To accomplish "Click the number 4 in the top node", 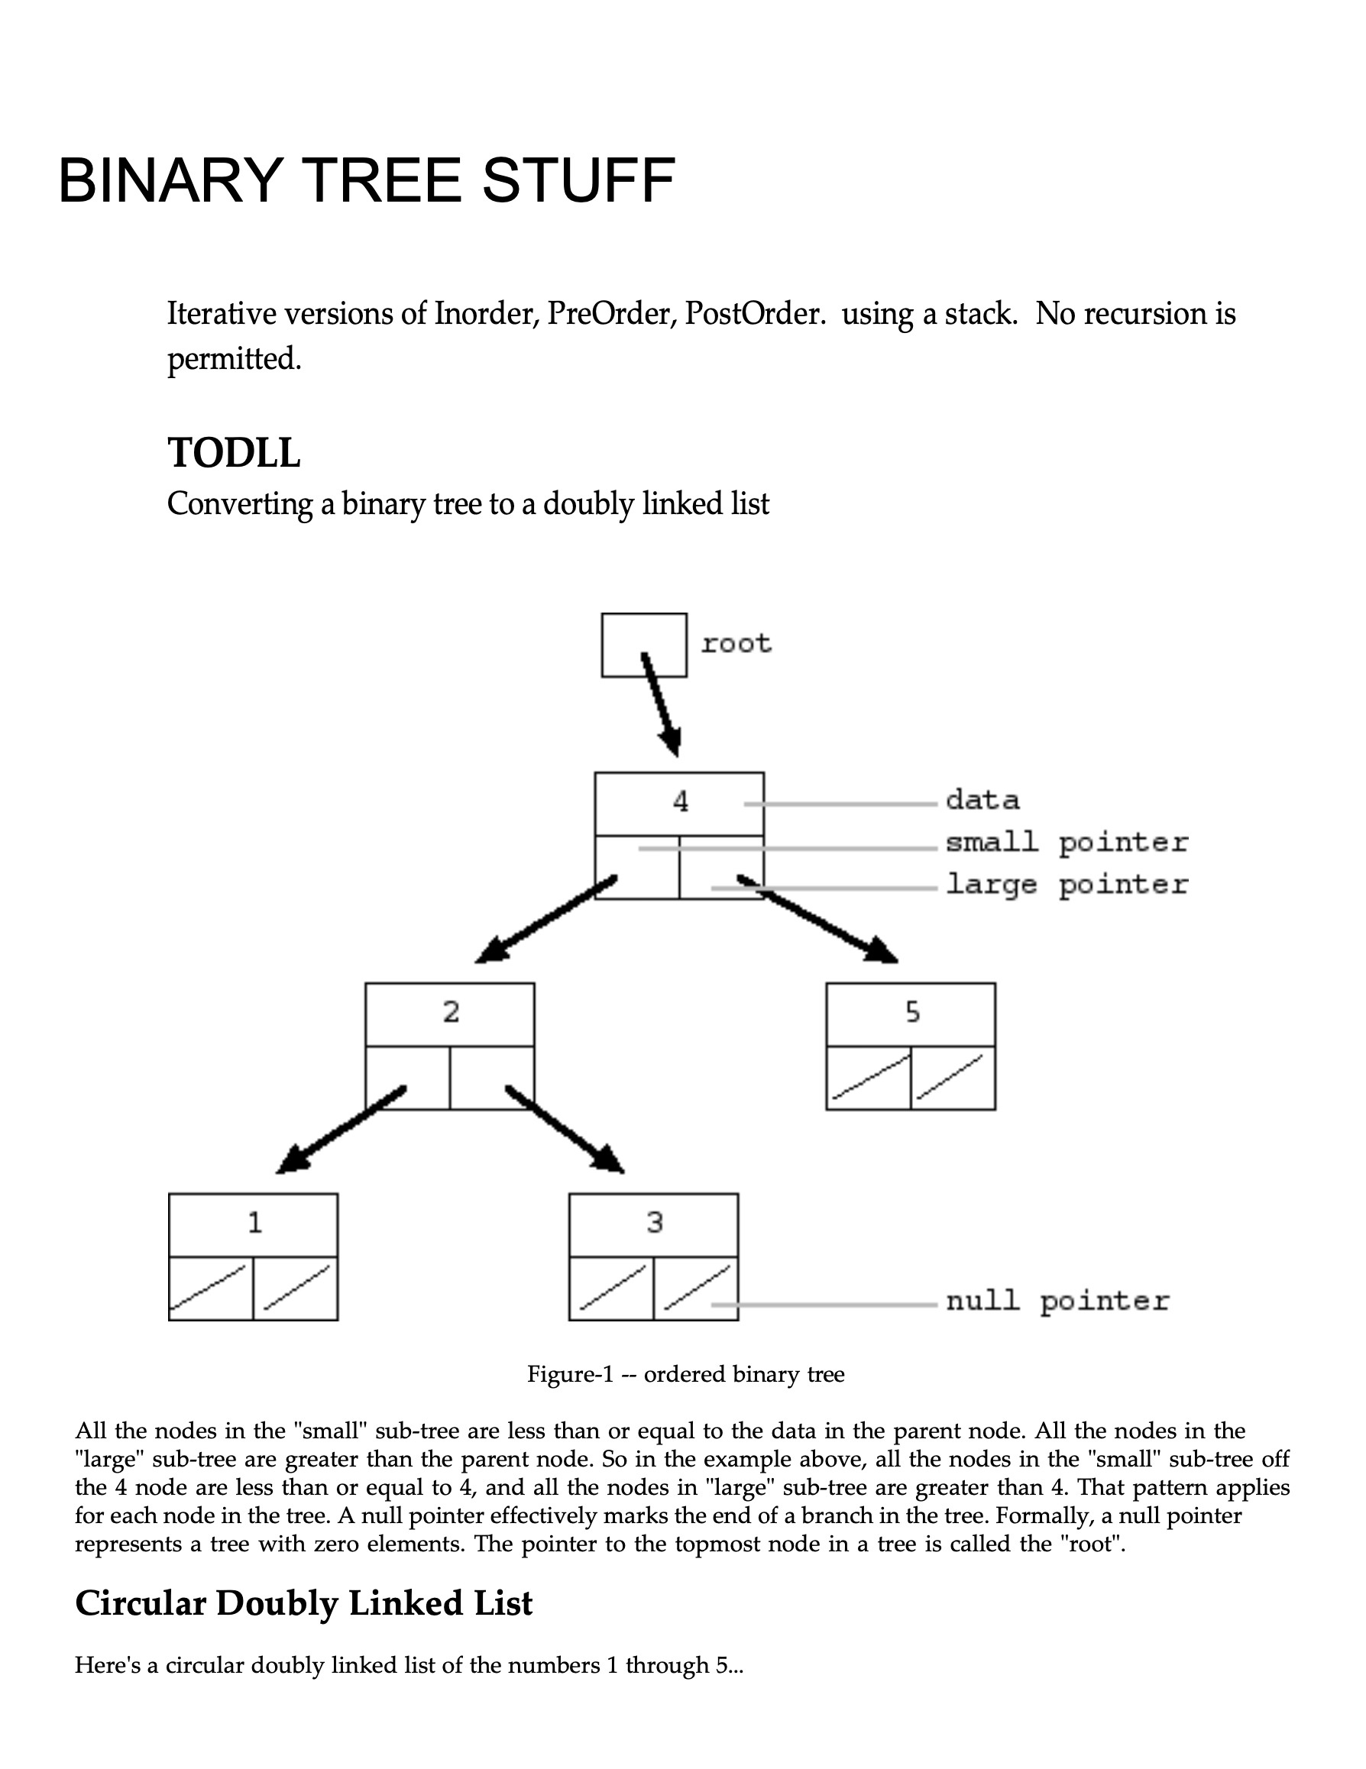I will (x=680, y=802).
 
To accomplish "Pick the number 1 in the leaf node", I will (x=254, y=1222).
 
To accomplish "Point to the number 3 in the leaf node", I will (x=655, y=1222).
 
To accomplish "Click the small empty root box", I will (x=643, y=645).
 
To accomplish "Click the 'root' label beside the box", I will (x=736, y=644).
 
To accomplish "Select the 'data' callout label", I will (x=982, y=800).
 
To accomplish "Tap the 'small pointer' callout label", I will (x=1067, y=843).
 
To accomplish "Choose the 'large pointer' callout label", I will (x=1067, y=884).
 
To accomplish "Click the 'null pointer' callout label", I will (x=1057, y=1302).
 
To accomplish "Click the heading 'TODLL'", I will (x=233, y=452).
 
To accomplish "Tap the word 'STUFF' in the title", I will (x=578, y=180).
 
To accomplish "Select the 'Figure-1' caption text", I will (x=685, y=1375).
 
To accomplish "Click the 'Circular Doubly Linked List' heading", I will (x=304, y=1604).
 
